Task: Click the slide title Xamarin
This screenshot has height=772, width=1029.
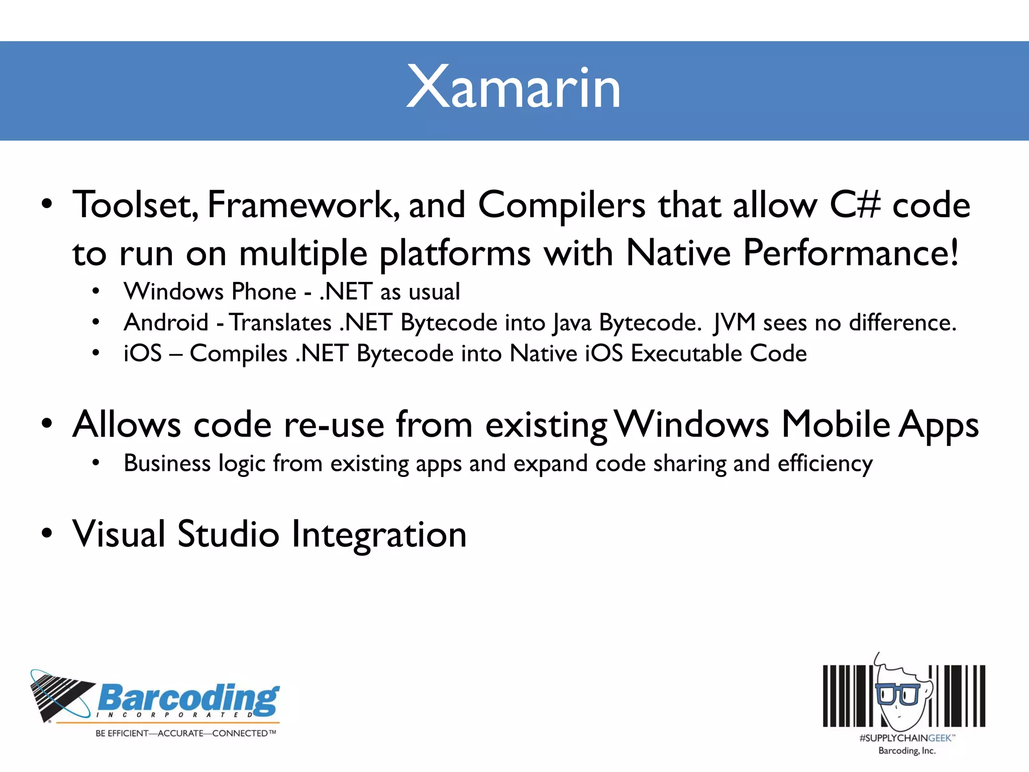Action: pos(513,87)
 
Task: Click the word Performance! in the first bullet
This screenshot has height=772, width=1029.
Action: pos(851,253)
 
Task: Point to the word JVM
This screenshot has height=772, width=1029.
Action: pos(734,322)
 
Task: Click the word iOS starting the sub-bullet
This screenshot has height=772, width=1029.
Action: pos(143,353)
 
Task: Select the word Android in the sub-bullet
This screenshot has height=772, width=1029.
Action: pos(166,322)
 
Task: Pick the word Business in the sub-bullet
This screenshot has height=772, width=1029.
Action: pos(167,463)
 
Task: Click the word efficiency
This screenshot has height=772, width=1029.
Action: pos(825,464)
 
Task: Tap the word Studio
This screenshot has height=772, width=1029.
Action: pos(228,534)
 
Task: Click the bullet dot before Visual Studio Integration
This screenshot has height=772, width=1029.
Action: pos(47,534)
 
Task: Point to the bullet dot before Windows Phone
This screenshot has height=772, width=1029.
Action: pos(96,292)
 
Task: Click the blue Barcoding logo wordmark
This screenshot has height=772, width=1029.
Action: pos(188,699)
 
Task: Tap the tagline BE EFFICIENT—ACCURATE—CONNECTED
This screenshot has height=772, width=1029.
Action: pos(185,733)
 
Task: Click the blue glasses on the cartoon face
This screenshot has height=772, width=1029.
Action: pos(897,694)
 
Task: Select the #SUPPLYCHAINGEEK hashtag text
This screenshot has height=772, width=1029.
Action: pos(907,738)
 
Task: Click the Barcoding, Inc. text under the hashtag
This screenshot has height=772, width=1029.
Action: pos(907,751)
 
